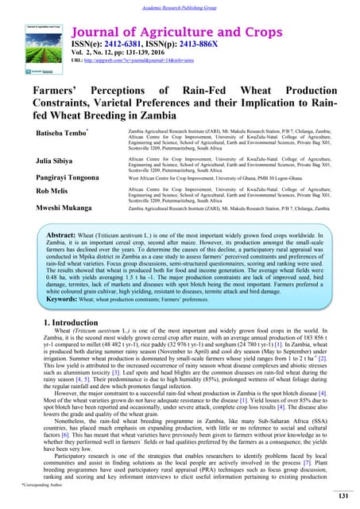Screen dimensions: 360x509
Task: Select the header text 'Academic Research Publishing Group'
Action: [x=180, y=6]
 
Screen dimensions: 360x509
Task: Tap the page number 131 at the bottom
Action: [x=343, y=496]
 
